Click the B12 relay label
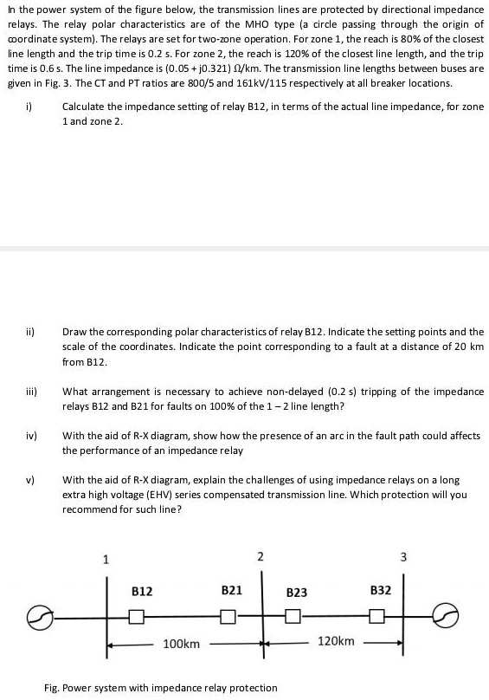(142, 591)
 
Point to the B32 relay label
(381, 591)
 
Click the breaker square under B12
(136, 617)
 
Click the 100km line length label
(182, 645)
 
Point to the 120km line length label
(337, 641)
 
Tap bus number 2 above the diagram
(261, 555)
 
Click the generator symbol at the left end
(61, 616)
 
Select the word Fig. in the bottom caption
(53, 688)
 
